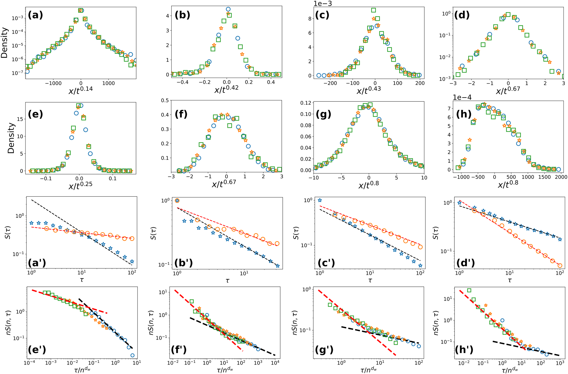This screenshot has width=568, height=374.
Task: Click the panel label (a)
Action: [35, 15]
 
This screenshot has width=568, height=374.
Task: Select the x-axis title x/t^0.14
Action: [81, 90]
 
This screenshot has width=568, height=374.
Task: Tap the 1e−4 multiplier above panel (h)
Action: [462, 97]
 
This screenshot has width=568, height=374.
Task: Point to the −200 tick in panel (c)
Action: [330, 83]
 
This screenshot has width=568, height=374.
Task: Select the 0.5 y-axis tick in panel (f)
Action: [165, 100]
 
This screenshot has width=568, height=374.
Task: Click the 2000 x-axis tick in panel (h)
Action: [561, 177]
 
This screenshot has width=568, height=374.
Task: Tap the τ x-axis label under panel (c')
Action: [370, 280]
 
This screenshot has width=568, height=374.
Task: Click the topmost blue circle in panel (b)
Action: [228, 9]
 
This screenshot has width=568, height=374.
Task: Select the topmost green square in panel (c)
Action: [373, 10]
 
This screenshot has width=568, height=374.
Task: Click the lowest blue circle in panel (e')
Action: [132, 355]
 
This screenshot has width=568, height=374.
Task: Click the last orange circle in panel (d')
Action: [560, 265]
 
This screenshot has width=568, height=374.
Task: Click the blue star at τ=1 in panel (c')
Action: [320, 200]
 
